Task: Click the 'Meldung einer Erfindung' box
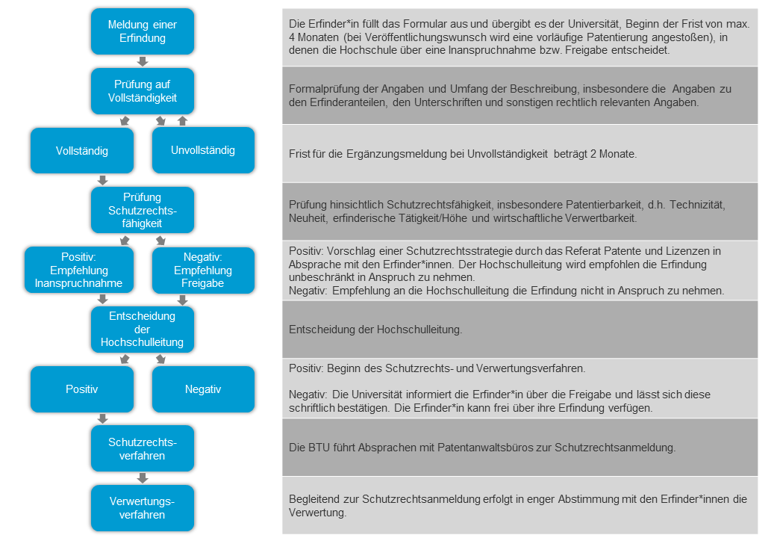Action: [142, 31]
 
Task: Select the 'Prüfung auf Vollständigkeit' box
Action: [142, 91]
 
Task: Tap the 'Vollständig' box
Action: [82, 150]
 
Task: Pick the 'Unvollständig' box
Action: [203, 150]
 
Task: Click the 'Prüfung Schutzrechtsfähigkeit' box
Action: [142, 210]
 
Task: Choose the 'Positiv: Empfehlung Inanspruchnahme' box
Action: [79, 270]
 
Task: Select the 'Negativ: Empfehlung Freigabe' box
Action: [203, 270]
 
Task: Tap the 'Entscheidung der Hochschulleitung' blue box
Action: [142, 330]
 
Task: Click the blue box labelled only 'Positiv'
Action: [82, 389]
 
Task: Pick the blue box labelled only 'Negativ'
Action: [203, 389]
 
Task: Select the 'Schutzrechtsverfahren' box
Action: [142, 448]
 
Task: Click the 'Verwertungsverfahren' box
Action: [142, 508]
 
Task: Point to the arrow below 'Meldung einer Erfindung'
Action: [143, 61]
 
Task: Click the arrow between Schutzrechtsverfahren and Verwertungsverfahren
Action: [143, 478]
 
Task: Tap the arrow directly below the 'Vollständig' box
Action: [103, 180]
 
